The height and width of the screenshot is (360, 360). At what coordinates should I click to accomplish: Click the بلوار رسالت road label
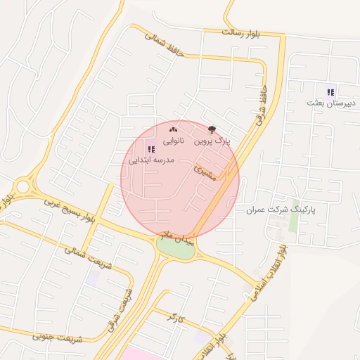pos(240,32)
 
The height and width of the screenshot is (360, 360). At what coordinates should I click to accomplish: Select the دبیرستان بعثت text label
pos(332,103)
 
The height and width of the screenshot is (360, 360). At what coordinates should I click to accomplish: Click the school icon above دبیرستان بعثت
pos(331,91)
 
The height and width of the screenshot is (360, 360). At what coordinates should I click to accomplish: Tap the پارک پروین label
pos(212,141)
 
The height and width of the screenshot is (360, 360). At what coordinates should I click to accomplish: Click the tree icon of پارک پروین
pos(212,129)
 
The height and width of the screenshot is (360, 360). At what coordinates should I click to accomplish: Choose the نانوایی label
pos(174,141)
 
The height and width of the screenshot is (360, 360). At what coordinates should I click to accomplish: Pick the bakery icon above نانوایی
pos(174,129)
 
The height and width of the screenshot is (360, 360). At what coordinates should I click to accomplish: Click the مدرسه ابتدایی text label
pos(151,160)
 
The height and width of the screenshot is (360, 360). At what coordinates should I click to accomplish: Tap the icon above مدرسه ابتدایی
pos(151,148)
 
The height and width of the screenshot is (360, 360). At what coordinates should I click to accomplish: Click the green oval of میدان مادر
pos(175,248)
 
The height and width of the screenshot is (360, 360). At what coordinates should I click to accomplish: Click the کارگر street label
pos(175,318)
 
